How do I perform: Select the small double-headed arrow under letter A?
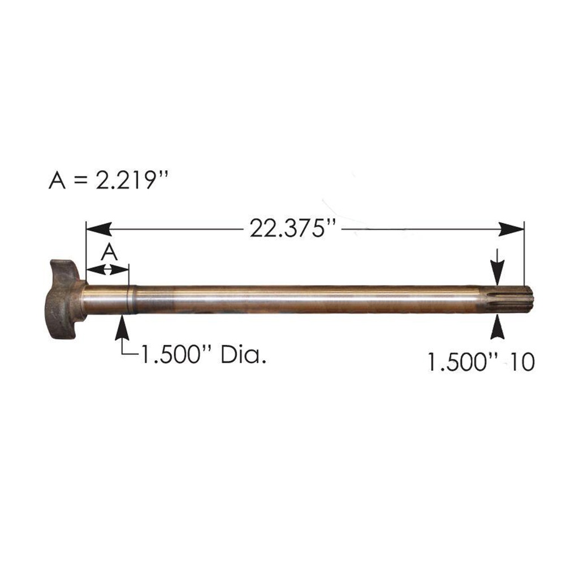click(x=107, y=270)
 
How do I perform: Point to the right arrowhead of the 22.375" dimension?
click(x=512, y=228)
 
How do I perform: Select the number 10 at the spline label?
click(x=521, y=362)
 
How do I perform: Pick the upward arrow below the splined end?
click(x=498, y=327)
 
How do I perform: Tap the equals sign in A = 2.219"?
click(x=81, y=181)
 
